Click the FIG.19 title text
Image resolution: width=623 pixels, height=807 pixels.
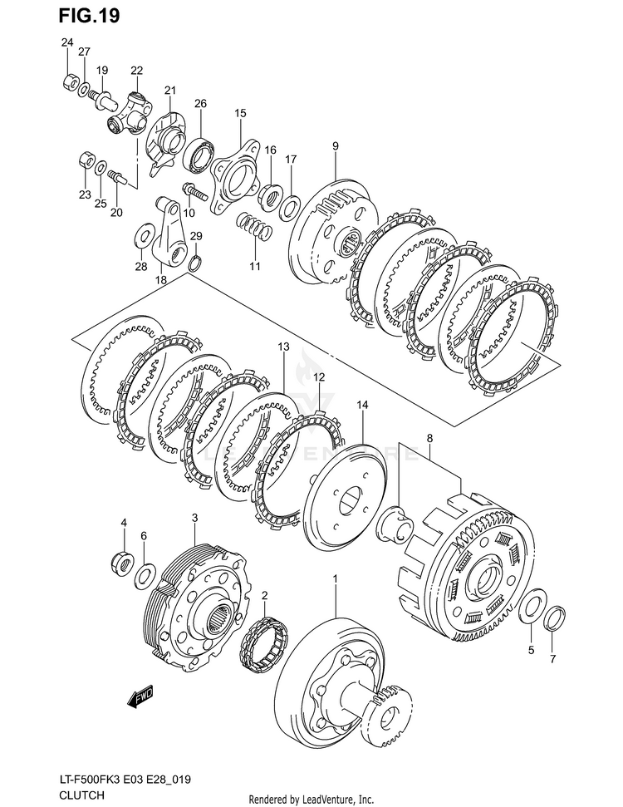(x=90, y=16)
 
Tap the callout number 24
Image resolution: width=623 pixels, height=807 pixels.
(x=67, y=42)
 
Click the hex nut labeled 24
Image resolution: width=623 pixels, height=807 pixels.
(x=70, y=81)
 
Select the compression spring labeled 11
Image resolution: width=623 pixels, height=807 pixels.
(x=254, y=227)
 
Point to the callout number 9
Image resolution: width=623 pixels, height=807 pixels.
(x=336, y=146)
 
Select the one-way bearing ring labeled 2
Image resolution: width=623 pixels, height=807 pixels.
(x=265, y=642)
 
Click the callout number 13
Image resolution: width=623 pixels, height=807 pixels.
(x=283, y=347)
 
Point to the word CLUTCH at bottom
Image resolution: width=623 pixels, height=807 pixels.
(x=81, y=795)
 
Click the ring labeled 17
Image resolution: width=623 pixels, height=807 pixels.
(x=291, y=208)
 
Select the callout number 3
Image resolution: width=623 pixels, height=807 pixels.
(x=194, y=518)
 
